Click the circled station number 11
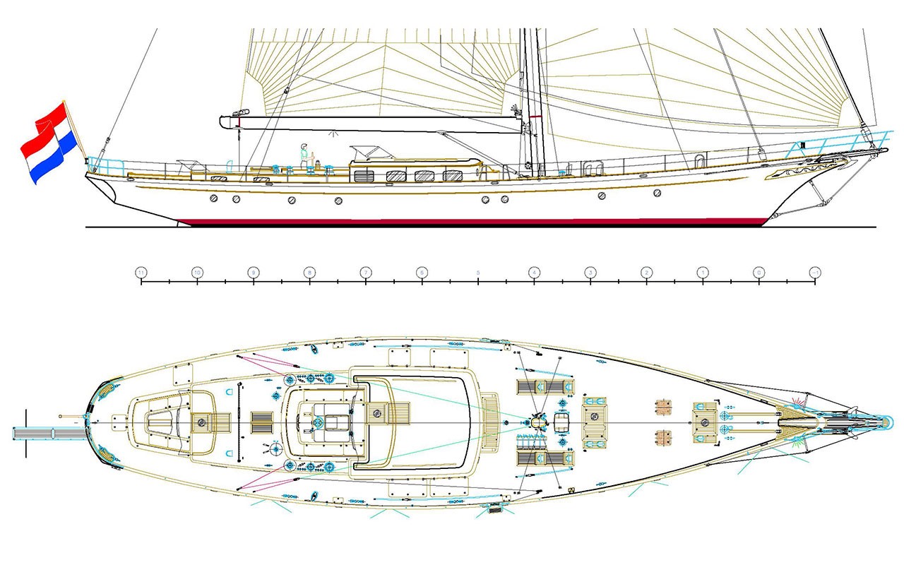coord(141,272)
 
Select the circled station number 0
coord(759,272)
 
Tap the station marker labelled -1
coord(815,272)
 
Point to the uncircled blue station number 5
coord(478,272)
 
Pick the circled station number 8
coord(309,272)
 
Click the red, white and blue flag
coord(48,141)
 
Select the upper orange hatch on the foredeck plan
coord(663,407)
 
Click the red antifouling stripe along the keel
coord(473,221)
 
